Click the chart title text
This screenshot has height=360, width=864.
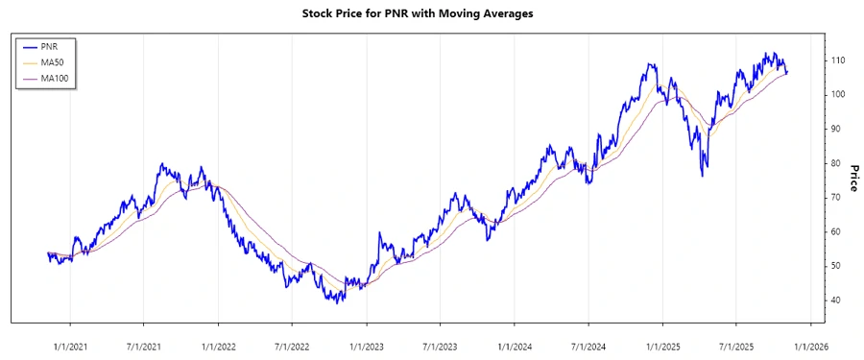click(x=431, y=13)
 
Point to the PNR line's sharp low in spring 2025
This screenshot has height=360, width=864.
click(x=705, y=176)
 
